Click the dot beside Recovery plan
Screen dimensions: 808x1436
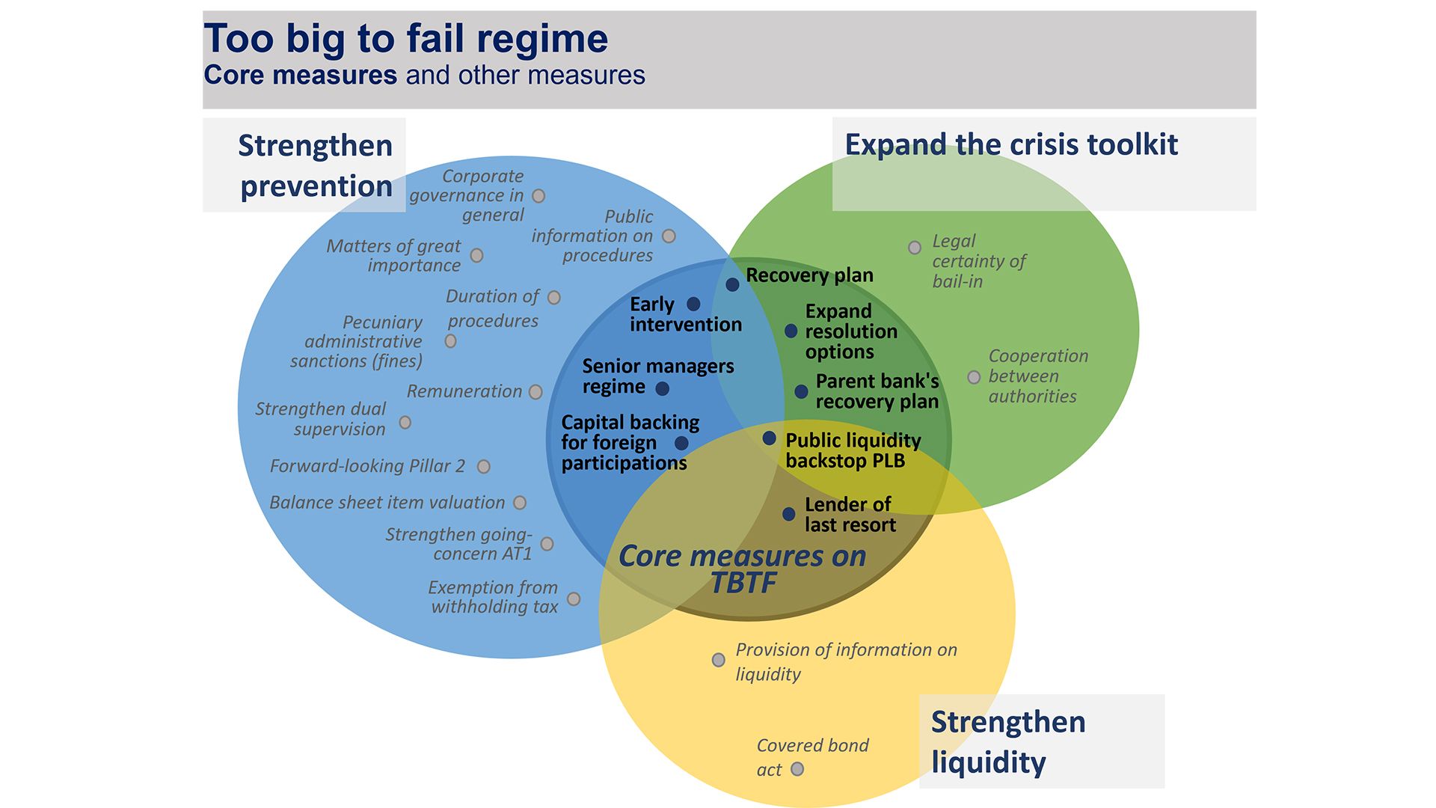click(x=732, y=284)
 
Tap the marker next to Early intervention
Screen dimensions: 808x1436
click(x=693, y=304)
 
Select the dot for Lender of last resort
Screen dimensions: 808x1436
click(x=788, y=514)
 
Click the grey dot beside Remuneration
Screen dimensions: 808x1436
click(x=536, y=392)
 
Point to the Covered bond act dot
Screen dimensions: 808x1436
click(x=797, y=769)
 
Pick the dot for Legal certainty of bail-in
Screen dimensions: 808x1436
click(x=914, y=248)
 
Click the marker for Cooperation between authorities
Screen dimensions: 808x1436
click(x=974, y=377)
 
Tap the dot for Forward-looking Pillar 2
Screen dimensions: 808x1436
click(x=484, y=467)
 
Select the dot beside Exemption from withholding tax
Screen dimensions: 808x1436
click(x=574, y=599)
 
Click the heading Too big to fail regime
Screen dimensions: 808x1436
click(x=406, y=39)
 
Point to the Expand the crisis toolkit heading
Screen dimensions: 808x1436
click(x=1011, y=144)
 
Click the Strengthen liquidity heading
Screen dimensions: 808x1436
click(x=1007, y=741)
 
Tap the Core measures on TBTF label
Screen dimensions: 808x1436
click(x=742, y=569)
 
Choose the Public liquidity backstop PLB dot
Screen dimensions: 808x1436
click(x=769, y=438)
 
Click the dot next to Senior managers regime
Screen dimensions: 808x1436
click(x=662, y=388)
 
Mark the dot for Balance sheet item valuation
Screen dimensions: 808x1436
click(x=520, y=503)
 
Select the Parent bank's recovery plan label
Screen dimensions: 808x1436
click(x=877, y=391)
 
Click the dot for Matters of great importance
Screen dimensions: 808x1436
click(x=476, y=256)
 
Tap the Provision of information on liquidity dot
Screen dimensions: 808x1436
click(x=718, y=660)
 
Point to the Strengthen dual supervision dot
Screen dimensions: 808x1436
click(x=405, y=423)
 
